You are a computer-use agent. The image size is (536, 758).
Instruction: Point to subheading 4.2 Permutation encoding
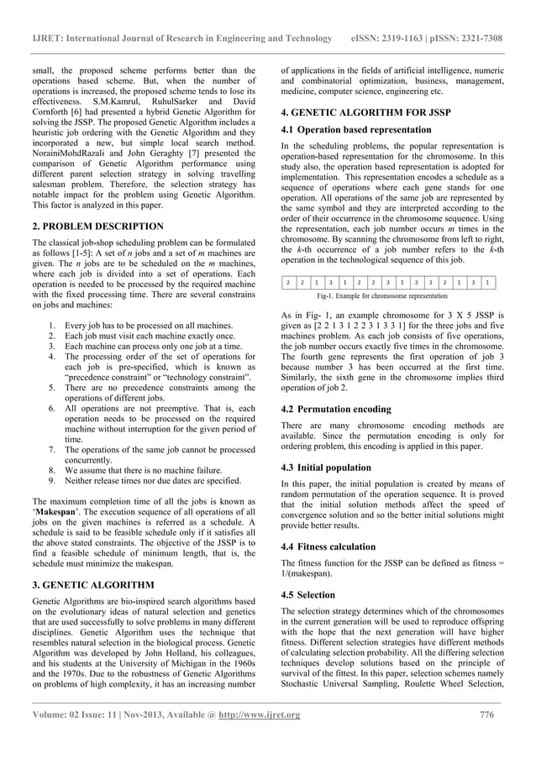335,409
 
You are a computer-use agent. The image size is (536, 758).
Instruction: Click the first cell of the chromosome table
287,283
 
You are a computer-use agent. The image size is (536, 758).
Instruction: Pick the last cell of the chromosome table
489,283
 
